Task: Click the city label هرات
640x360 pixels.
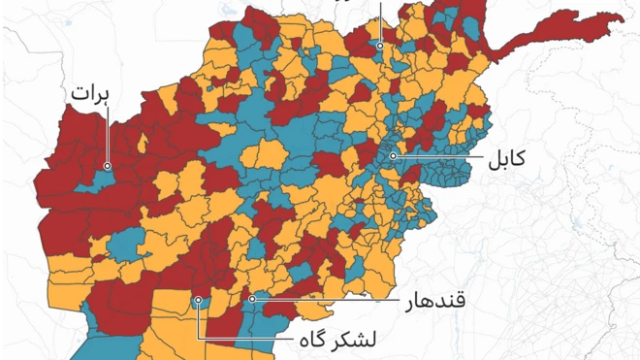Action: click(x=89, y=96)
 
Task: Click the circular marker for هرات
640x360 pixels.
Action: click(x=107, y=166)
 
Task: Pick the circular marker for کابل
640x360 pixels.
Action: click(x=393, y=155)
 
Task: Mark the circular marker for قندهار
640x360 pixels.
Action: click(x=251, y=299)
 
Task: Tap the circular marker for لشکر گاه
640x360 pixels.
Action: click(x=197, y=300)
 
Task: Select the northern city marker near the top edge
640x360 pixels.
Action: click(x=381, y=45)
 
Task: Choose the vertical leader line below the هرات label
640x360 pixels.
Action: click(x=107, y=136)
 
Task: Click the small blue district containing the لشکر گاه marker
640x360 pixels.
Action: click(x=199, y=308)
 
